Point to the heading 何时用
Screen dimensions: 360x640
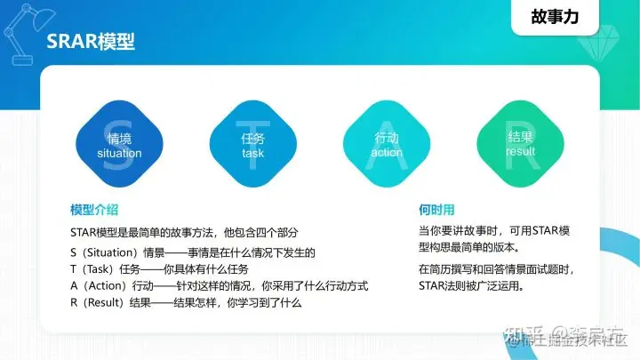436,210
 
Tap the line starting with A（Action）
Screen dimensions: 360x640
219,286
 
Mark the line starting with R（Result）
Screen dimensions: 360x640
186,303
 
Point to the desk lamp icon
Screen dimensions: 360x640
22,31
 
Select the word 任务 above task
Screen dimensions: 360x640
252,139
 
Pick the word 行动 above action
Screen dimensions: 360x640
387,139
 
